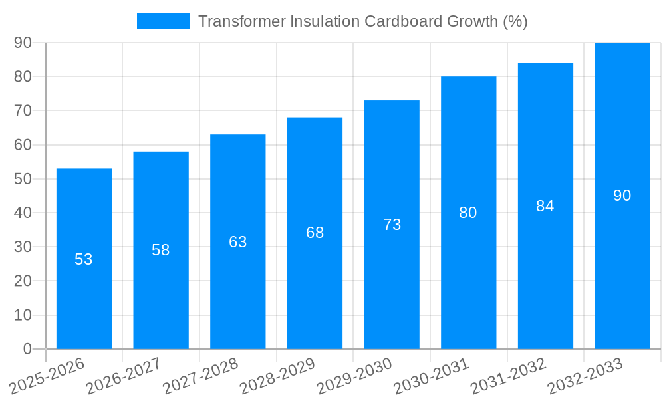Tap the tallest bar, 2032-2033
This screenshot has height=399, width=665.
coord(622,266)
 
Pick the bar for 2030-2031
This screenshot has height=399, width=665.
coord(468,279)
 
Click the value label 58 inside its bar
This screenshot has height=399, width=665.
coord(161,250)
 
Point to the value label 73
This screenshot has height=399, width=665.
coord(392,225)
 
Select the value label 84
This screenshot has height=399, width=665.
coord(545,206)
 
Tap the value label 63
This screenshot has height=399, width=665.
coord(238,242)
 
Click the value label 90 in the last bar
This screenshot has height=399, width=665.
coord(622,196)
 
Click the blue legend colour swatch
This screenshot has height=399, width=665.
coord(163,21)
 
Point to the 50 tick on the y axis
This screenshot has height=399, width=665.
coord(23,179)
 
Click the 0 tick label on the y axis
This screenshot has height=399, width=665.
coord(27,349)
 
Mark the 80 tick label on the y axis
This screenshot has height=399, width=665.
coord(23,76)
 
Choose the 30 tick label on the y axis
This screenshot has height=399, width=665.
coord(23,247)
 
